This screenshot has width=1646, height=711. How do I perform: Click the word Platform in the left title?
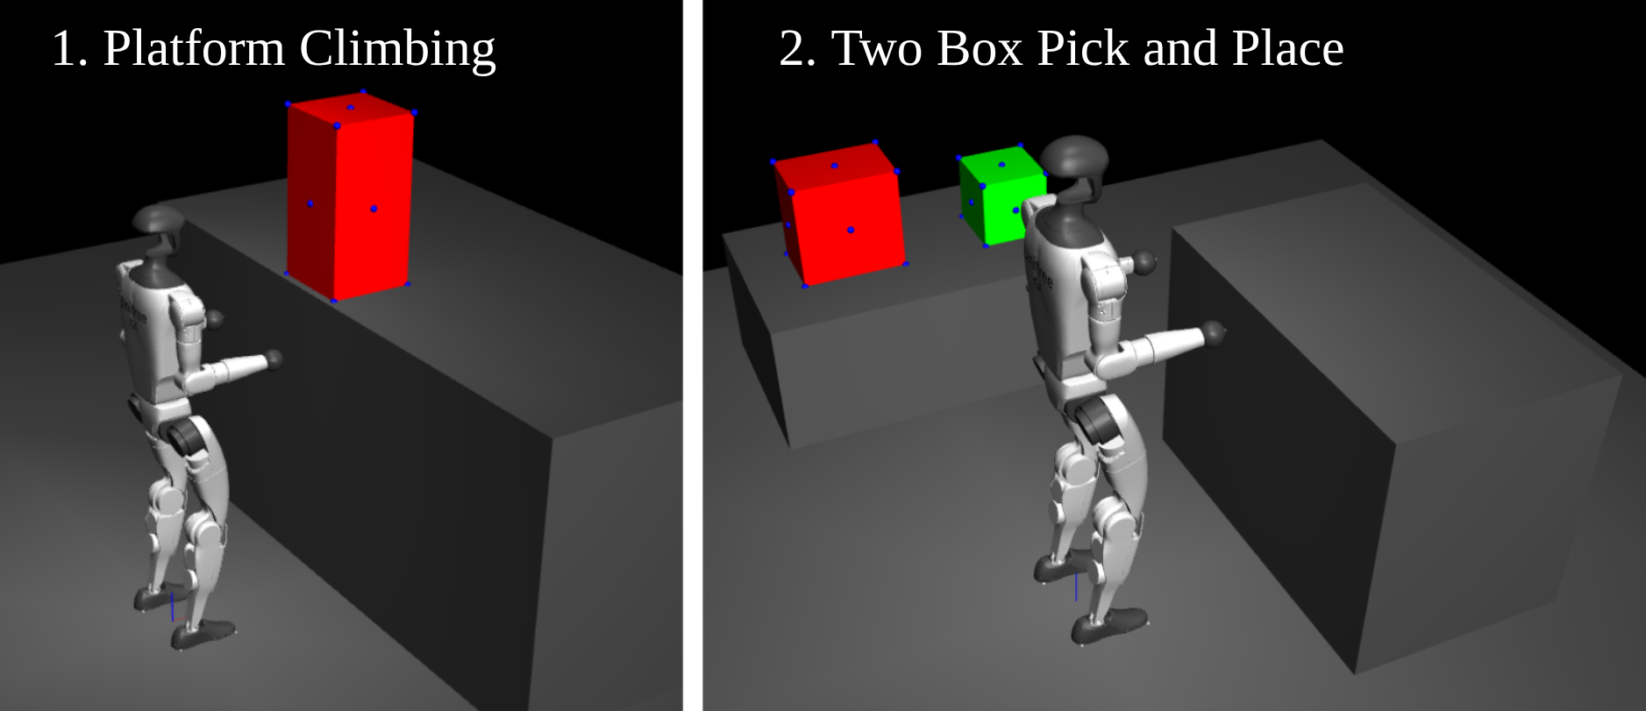195,48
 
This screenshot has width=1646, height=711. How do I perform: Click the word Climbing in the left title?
397,51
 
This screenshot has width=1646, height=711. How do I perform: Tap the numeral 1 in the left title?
67,48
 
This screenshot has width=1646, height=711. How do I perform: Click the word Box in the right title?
980,48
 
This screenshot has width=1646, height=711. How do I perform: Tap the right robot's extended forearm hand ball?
1214,331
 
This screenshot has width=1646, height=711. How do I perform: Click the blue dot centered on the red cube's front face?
851,230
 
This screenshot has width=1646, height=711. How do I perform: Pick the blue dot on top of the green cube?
1001,165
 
